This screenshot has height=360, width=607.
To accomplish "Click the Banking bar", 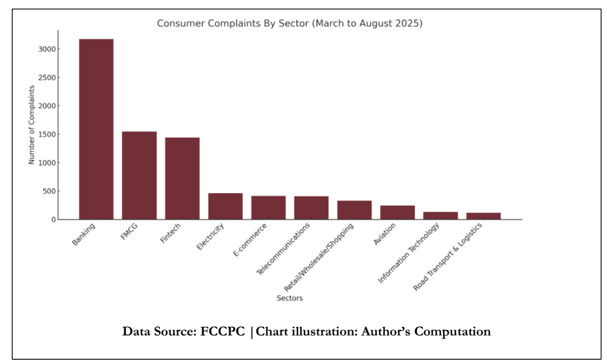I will click(96, 129).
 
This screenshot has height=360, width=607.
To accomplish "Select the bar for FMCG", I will click(139, 175).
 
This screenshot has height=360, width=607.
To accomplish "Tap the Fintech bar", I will click(183, 178).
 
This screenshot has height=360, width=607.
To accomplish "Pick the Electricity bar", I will click(226, 206).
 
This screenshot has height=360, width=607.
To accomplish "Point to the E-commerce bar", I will click(268, 208).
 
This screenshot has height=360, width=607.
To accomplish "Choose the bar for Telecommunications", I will click(311, 208).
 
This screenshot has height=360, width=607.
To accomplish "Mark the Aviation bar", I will click(398, 212).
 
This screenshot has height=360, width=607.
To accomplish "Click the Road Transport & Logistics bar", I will click(483, 216).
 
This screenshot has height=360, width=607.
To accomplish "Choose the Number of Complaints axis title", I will click(32, 124).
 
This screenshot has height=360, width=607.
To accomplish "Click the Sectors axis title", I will click(290, 298).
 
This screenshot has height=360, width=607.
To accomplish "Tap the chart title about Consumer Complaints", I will click(290, 24).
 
